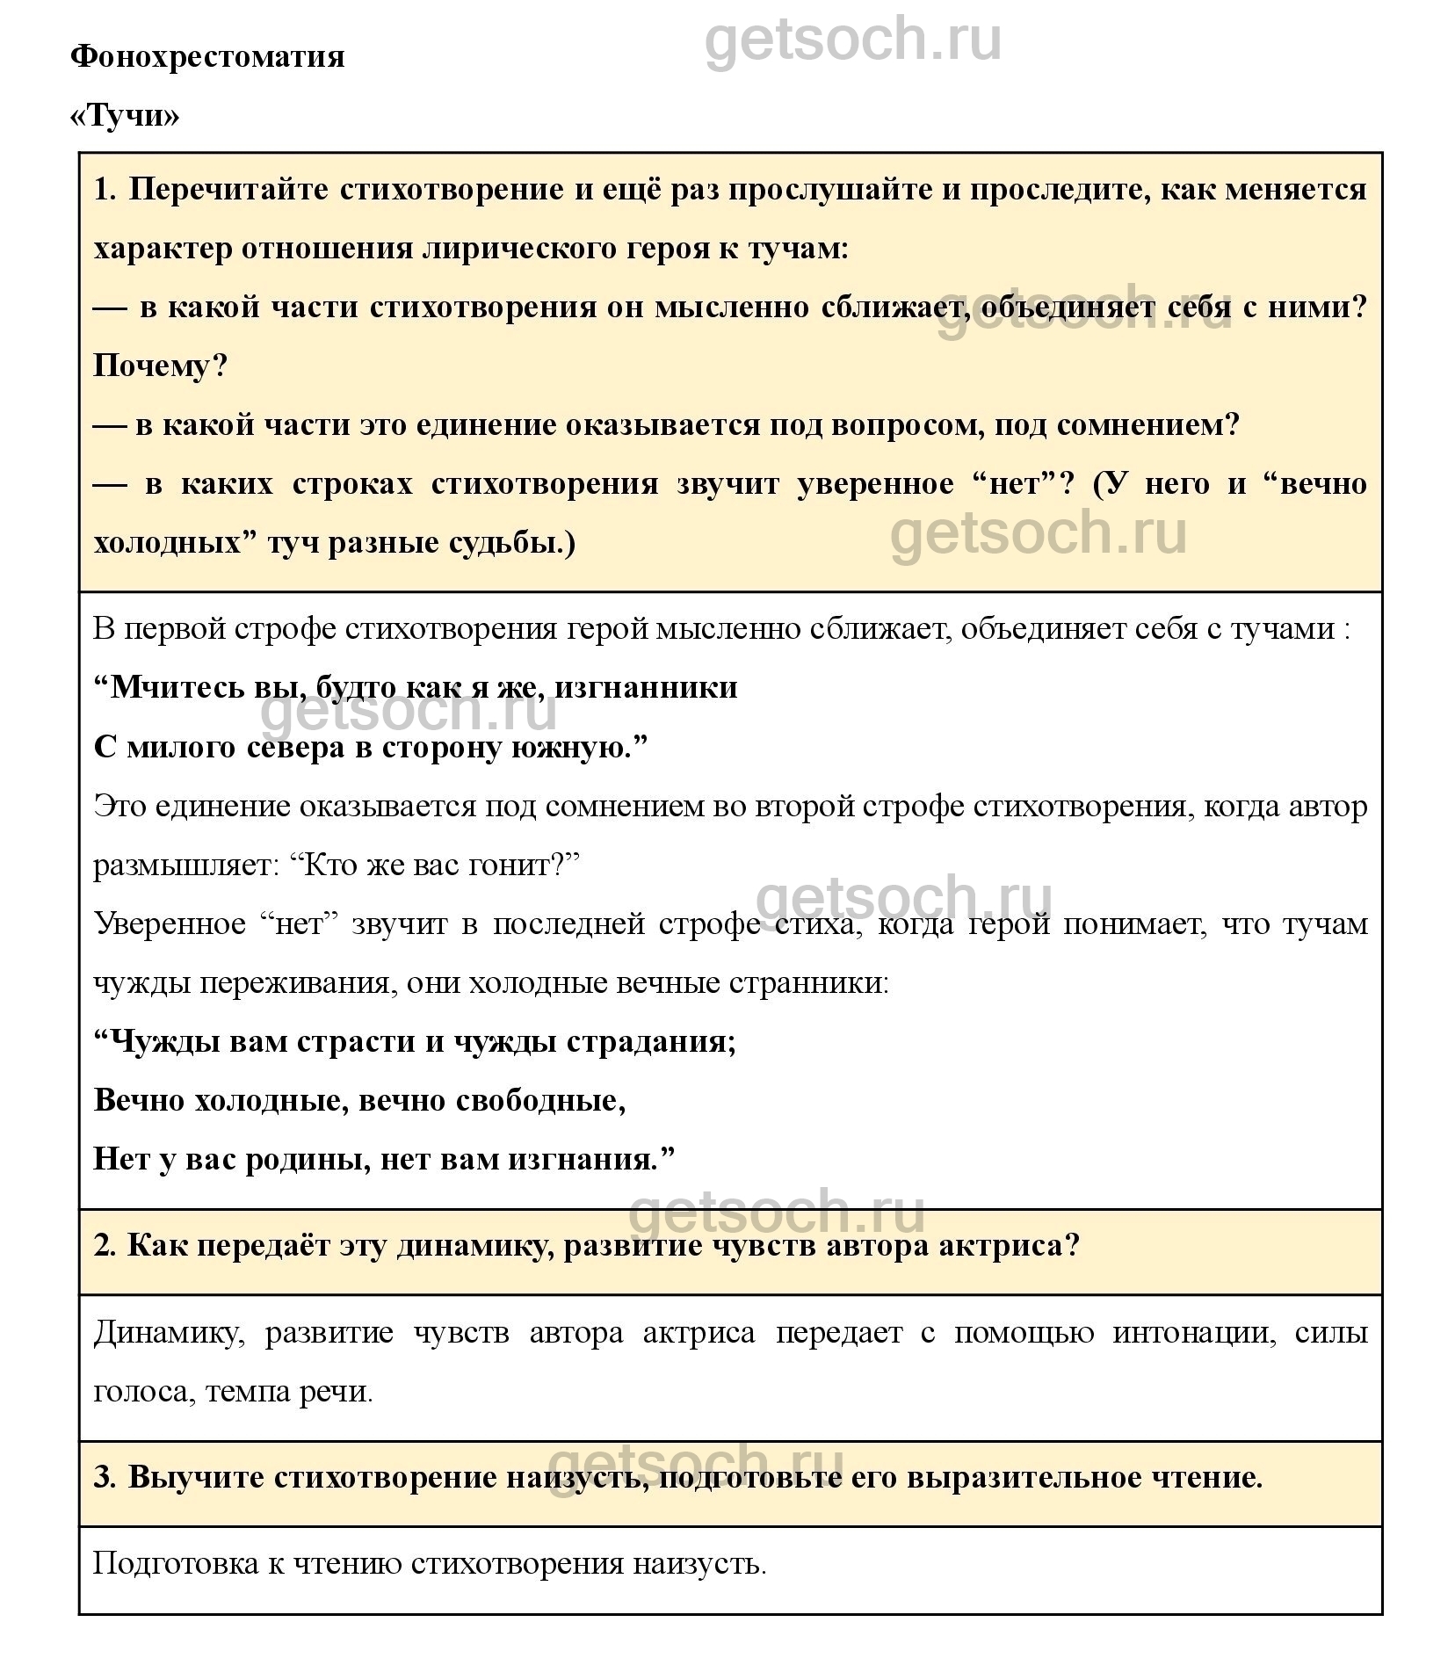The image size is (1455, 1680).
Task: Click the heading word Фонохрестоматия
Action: coord(207,57)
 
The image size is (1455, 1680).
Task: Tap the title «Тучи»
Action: coord(124,116)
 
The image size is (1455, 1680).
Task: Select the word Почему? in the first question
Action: coord(160,366)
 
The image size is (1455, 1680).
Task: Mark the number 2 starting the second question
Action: coord(104,1245)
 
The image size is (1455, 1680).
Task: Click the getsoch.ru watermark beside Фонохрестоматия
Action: coord(852,40)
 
